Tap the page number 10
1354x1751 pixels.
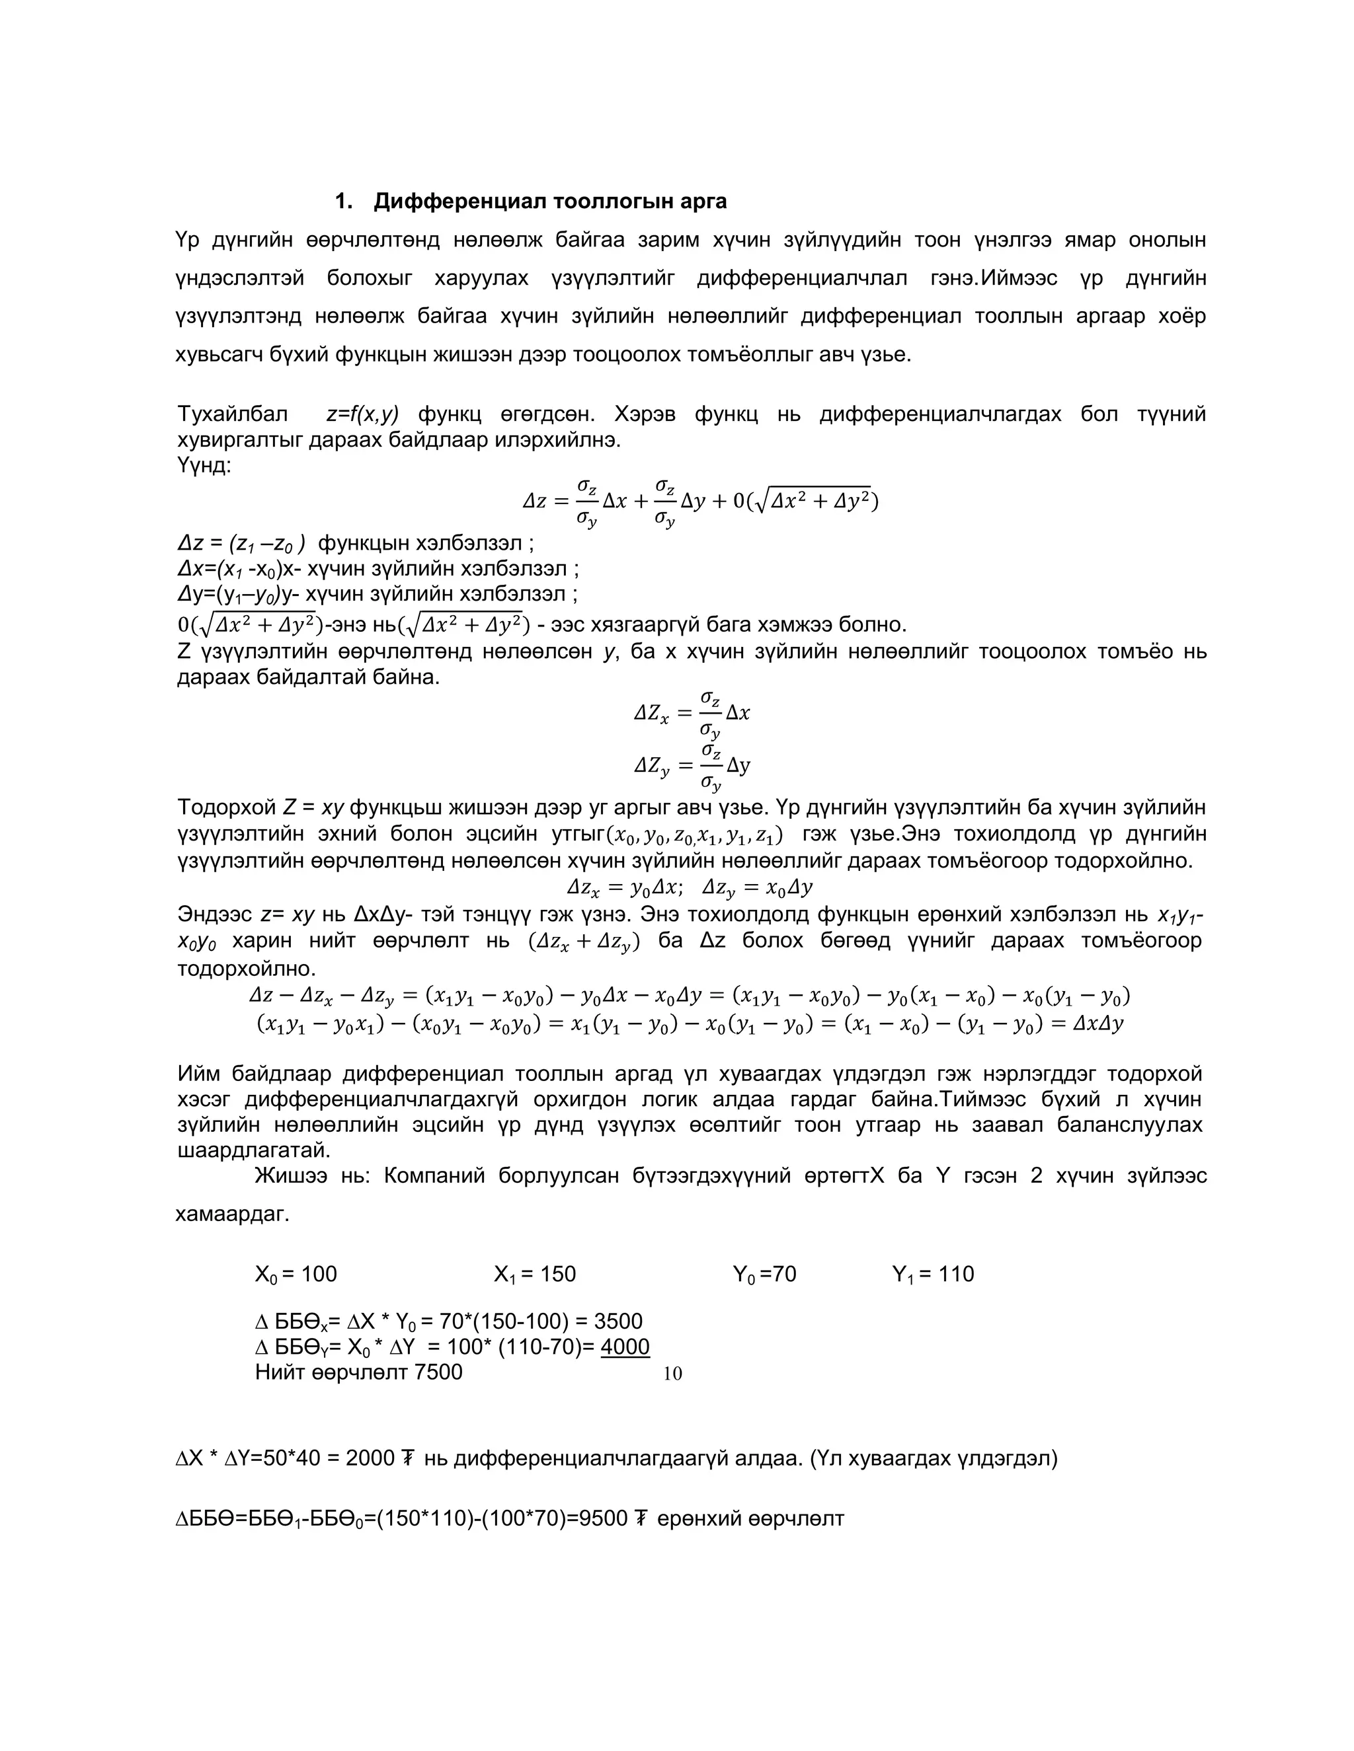672,1374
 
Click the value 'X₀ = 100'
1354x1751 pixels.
296,1274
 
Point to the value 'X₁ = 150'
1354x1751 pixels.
535,1274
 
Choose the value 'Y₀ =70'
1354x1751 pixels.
764,1274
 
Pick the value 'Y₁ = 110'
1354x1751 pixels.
933,1274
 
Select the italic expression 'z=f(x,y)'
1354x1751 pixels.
362,414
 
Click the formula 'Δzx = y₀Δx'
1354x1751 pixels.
624,887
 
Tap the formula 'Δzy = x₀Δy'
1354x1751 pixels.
757,887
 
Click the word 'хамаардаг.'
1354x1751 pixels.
232,1214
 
